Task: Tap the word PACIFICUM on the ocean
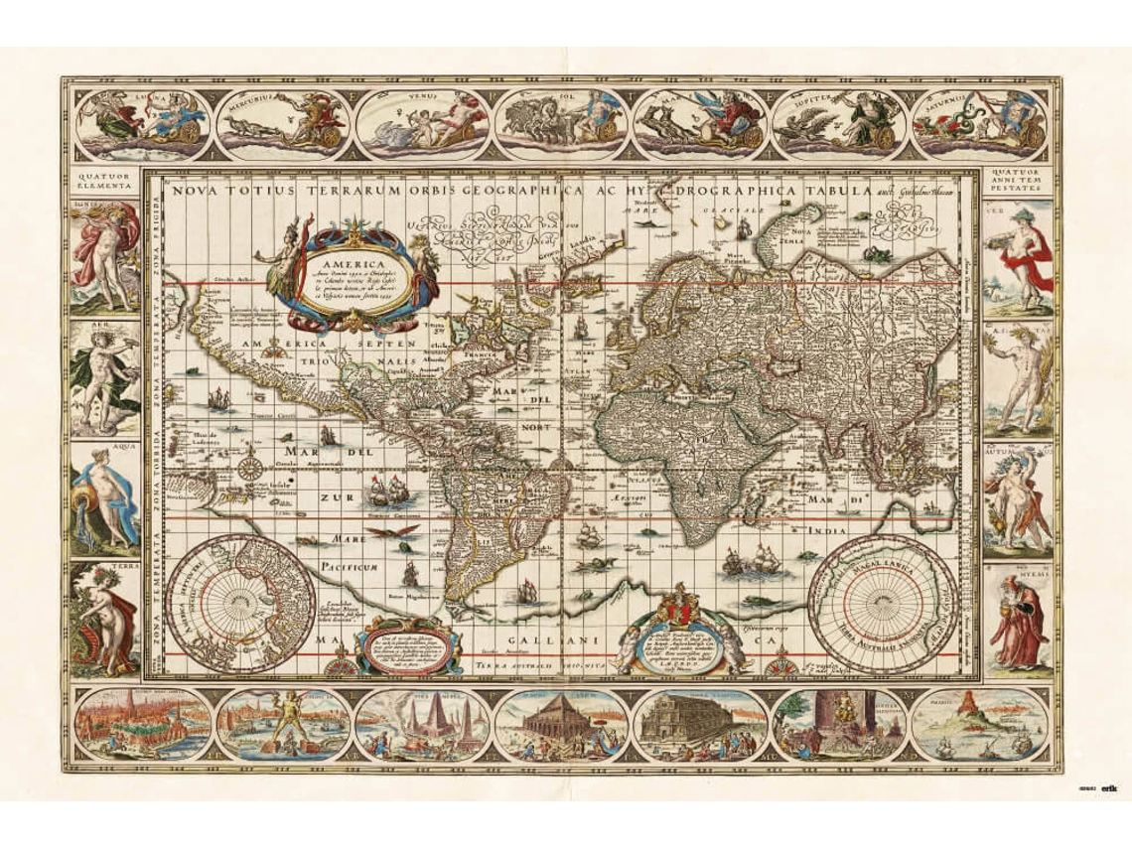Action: [x=350, y=567]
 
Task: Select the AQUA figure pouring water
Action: [x=104, y=495]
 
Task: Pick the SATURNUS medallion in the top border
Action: [x=979, y=124]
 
